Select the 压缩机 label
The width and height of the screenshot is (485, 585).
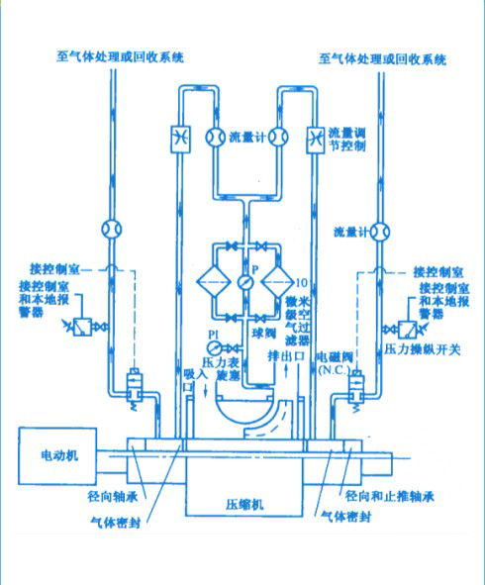(244, 504)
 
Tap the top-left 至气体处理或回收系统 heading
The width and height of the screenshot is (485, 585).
(120, 57)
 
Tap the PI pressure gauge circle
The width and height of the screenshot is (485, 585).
(219, 347)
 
